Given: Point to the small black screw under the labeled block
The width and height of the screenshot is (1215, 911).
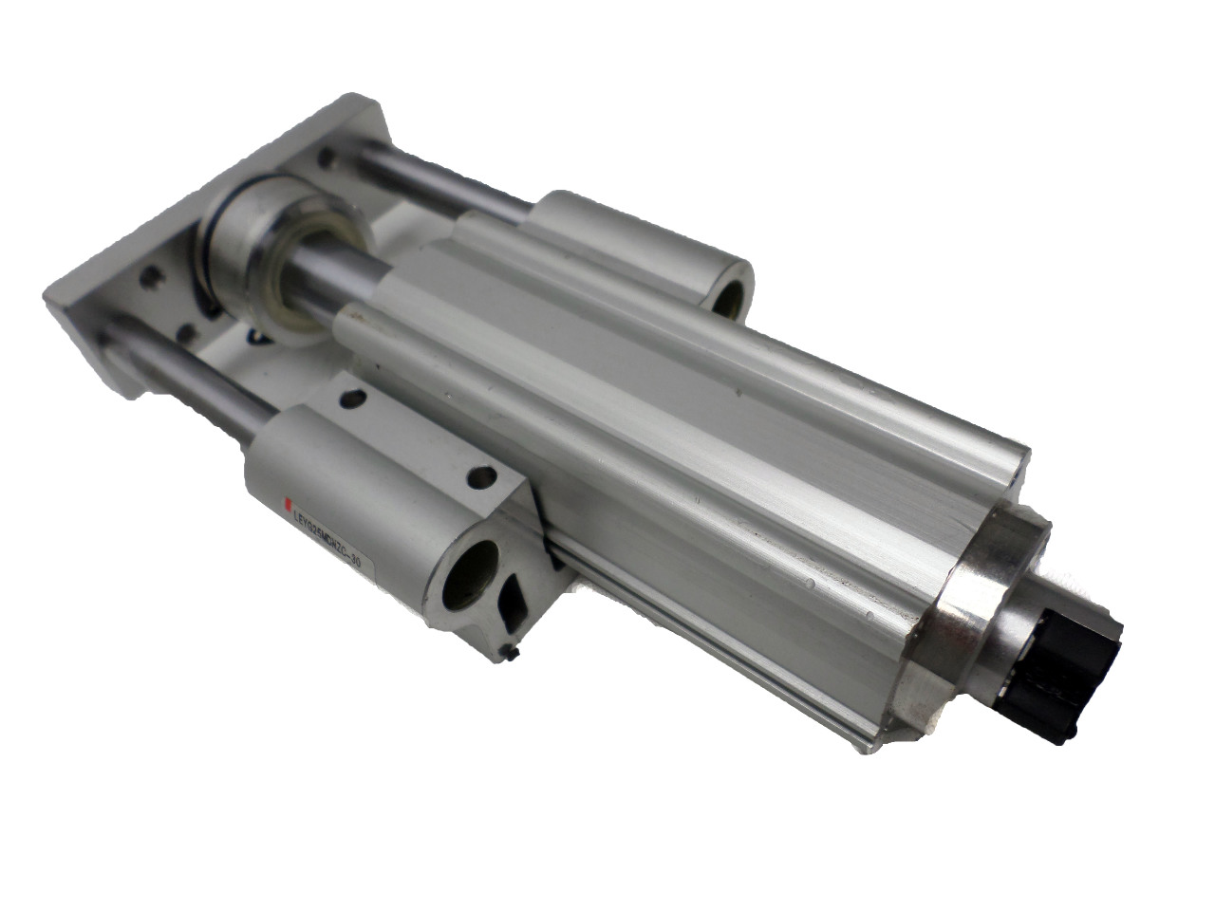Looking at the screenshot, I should point(513,653).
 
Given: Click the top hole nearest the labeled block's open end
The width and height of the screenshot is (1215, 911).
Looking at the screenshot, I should point(481,475).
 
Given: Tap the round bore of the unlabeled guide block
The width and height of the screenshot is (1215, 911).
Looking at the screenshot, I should point(730,294).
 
